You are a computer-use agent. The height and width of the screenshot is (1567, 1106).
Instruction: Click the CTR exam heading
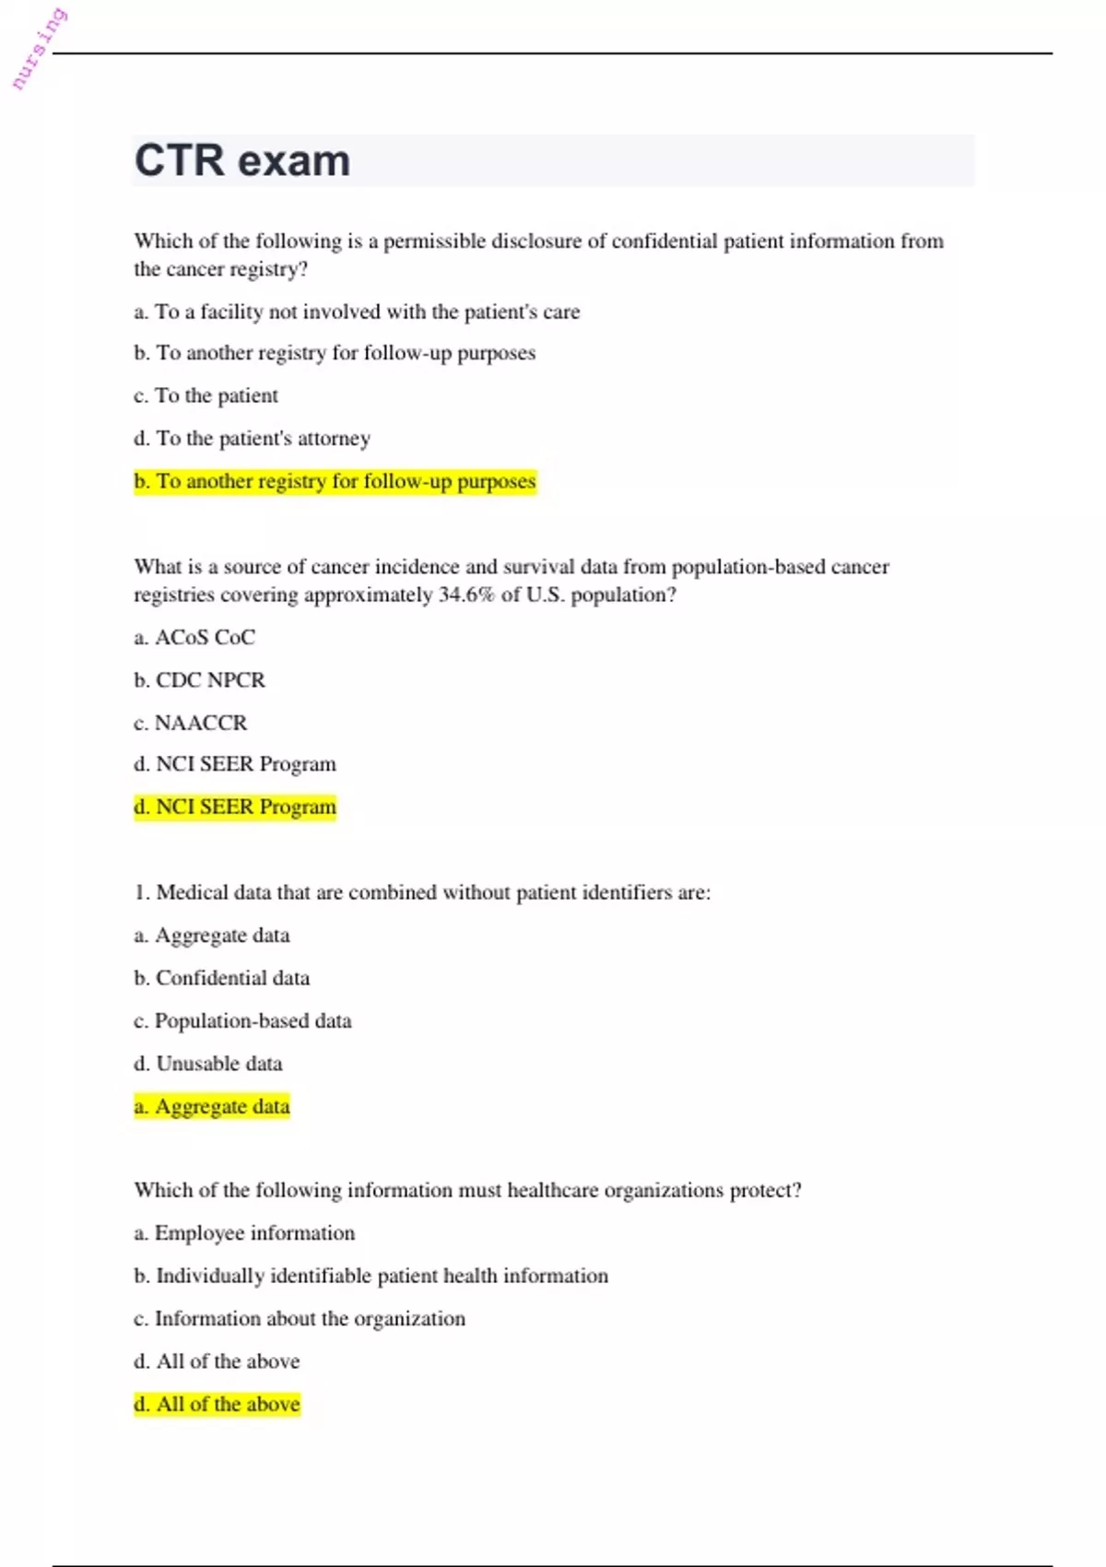pyautogui.click(x=242, y=160)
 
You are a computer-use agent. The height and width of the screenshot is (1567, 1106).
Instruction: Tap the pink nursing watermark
pyautogui.click(x=39, y=49)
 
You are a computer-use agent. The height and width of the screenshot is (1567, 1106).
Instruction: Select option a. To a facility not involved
pyautogui.click(x=357, y=312)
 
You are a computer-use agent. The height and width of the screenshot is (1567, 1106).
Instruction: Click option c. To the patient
pyautogui.click(x=206, y=395)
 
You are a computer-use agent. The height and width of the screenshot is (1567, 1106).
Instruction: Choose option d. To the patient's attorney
pyautogui.click(x=252, y=438)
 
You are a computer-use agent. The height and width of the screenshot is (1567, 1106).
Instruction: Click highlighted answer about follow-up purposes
pyautogui.click(x=335, y=481)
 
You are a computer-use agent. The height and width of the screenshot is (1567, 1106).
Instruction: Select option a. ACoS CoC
pyautogui.click(x=194, y=637)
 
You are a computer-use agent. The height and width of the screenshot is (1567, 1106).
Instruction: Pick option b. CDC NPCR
pyautogui.click(x=199, y=679)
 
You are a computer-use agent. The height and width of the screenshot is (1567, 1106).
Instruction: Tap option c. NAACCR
pyautogui.click(x=191, y=723)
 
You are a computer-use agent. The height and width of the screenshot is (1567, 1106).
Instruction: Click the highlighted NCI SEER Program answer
pyautogui.click(x=235, y=807)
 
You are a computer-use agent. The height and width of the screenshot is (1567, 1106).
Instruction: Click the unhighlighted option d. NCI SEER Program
pyautogui.click(x=235, y=764)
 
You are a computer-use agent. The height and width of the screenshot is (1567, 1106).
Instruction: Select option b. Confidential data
pyautogui.click(x=221, y=978)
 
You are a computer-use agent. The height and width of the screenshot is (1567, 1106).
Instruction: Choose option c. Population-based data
pyautogui.click(x=242, y=1020)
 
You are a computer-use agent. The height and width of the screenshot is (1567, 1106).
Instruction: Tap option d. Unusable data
pyautogui.click(x=208, y=1063)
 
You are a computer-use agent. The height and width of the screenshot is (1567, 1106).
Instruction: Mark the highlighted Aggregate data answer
pyautogui.click(x=212, y=1106)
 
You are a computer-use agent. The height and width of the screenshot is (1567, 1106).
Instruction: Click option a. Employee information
pyautogui.click(x=244, y=1233)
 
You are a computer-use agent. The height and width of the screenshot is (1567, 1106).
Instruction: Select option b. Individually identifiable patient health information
pyautogui.click(x=371, y=1276)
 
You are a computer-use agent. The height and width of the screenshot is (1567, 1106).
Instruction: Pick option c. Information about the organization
pyautogui.click(x=300, y=1318)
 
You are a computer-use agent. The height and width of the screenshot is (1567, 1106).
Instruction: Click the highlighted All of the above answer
pyautogui.click(x=217, y=1404)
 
